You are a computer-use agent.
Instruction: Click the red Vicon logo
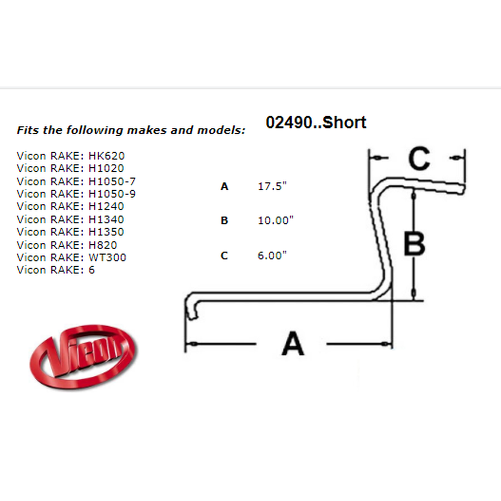[83, 357]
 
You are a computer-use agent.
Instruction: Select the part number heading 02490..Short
[316, 122]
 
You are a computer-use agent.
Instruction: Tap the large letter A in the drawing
[293, 344]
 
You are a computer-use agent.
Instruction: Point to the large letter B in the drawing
[415, 243]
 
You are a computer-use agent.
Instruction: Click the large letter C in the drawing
[419, 158]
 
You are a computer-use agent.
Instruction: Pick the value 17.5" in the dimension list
[272, 186]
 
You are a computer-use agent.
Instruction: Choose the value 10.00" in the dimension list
[276, 220]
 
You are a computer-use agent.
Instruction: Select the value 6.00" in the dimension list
[272, 256]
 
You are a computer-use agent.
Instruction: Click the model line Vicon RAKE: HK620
[71, 156]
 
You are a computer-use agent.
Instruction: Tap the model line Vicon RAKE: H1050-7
[76, 181]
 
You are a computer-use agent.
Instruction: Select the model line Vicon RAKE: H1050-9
[76, 194]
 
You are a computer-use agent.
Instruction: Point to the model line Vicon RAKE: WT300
[71, 257]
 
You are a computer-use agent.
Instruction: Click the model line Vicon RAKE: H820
[67, 245]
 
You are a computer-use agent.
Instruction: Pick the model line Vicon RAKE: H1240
[70, 206]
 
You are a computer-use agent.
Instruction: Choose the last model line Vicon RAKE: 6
[56, 270]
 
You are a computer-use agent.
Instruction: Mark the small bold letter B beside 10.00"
[224, 220]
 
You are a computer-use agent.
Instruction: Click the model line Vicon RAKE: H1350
[70, 232]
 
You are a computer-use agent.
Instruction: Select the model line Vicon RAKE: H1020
[70, 168]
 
